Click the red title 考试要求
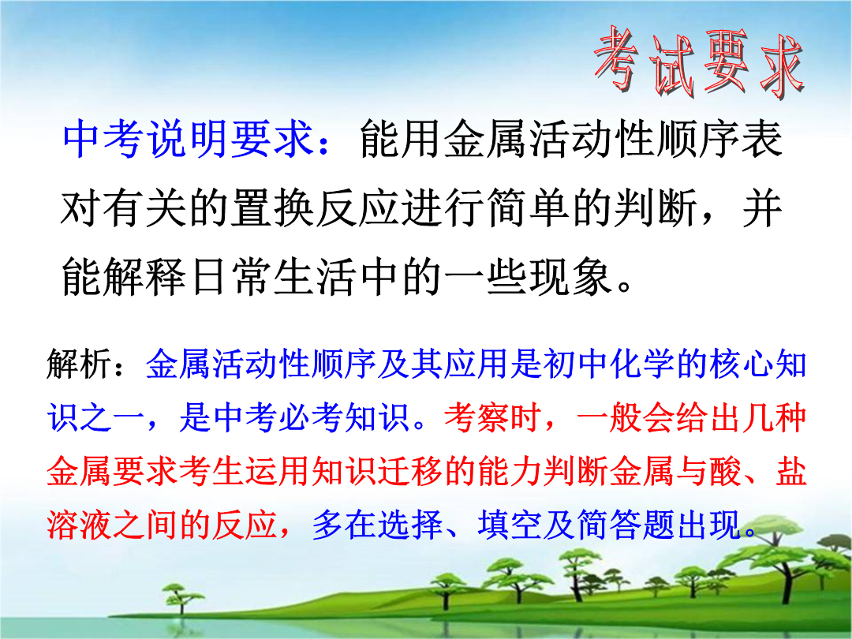(699, 62)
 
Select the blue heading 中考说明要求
(188, 139)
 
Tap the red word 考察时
(492, 417)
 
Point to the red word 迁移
(409, 470)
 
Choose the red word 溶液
(80, 525)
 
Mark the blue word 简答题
(625, 525)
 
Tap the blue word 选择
(410, 525)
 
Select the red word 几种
(775, 417)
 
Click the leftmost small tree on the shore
(178, 598)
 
